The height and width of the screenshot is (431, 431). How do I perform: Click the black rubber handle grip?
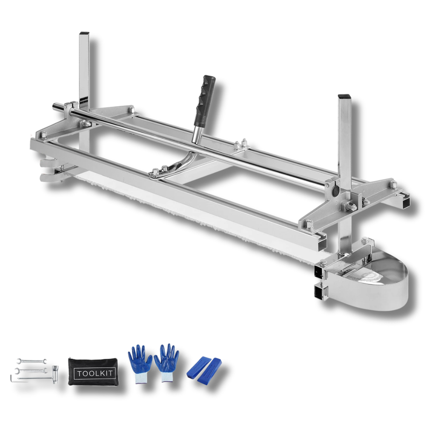[204, 99]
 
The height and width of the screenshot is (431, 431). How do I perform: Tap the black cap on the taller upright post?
[84, 33]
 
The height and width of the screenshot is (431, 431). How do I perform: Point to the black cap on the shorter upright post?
[344, 96]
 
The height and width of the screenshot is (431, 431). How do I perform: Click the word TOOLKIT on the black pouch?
[95, 373]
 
